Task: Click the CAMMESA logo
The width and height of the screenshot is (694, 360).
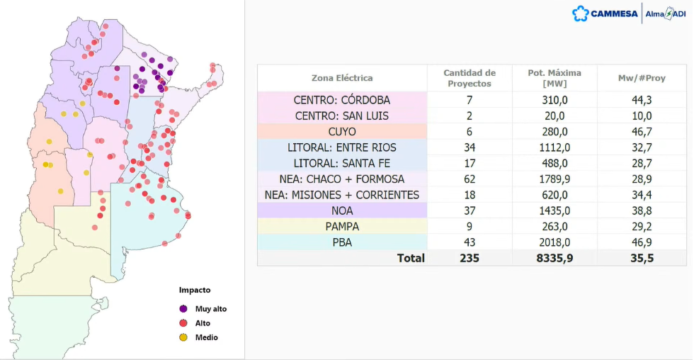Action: pyautogui.click(x=605, y=13)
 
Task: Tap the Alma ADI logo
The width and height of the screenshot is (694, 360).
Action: pyautogui.click(x=666, y=13)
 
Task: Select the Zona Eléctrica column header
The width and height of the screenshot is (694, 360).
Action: pyautogui.click(x=342, y=78)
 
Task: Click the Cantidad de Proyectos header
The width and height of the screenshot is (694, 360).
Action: pyautogui.click(x=470, y=78)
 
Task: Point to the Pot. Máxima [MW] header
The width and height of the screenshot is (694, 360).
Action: pyautogui.click(x=554, y=78)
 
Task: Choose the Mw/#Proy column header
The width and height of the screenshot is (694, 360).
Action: pyautogui.click(x=642, y=78)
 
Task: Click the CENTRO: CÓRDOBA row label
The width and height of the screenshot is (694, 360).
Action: pyautogui.click(x=342, y=100)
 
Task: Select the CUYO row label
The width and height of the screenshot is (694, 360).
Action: pyautogui.click(x=342, y=132)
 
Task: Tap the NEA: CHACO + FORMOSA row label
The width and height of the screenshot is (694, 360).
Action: pyautogui.click(x=342, y=179)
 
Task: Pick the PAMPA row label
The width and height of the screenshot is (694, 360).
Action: pyautogui.click(x=342, y=227)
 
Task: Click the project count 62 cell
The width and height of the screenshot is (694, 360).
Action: pyautogui.click(x=470, y=179)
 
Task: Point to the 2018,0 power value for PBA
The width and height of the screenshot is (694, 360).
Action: pyautogui.click(x=554, y=242)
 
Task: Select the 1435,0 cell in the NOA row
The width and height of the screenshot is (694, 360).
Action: pyautogui.click(x=554, y=210)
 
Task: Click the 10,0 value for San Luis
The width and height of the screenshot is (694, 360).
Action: pyautogui.click(x=642, y=116)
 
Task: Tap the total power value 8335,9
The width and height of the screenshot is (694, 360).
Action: pyautogui.click(x=554, y=258)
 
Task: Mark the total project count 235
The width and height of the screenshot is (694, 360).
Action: pyautogui.click(x=470, y=258)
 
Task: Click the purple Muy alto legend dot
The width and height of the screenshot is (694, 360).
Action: pyautogui.click(x=183, y=309)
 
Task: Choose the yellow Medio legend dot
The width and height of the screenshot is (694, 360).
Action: pyautogui.click(x=183, y=337)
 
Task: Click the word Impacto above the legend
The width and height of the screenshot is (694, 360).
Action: pyautogui.click(x=195, y=290)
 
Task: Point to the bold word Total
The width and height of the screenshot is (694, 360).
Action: pyautogui.click(x=411, y=258)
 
